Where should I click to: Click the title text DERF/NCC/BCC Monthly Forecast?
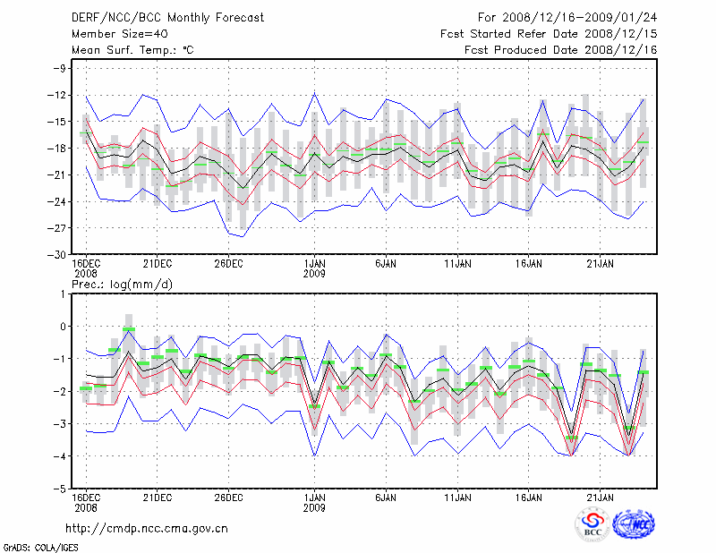(x=167, y=18)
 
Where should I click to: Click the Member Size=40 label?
(x=120, y=34)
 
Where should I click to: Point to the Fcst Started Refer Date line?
(x=550, y=34)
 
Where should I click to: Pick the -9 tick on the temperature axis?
(x=61, y=68)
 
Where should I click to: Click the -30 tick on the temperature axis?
(x=58, y=254)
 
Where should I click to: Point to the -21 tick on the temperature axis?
(x=58, y=174)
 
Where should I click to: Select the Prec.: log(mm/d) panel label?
(x=121, y=284)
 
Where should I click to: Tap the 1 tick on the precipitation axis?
(x=64, y=294)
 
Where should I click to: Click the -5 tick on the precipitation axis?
(x=61, y=489)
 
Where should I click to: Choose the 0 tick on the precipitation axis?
(x=64, y=327)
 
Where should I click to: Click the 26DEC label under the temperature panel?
(x=228, y=263)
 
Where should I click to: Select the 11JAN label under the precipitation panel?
(x=457, y=498)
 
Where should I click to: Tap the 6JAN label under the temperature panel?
(x=386, y=263)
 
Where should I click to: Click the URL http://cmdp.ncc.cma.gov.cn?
(x=147, y=528)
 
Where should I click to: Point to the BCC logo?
(x=592, y=523)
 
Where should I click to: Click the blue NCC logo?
(x=634, y=523)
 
